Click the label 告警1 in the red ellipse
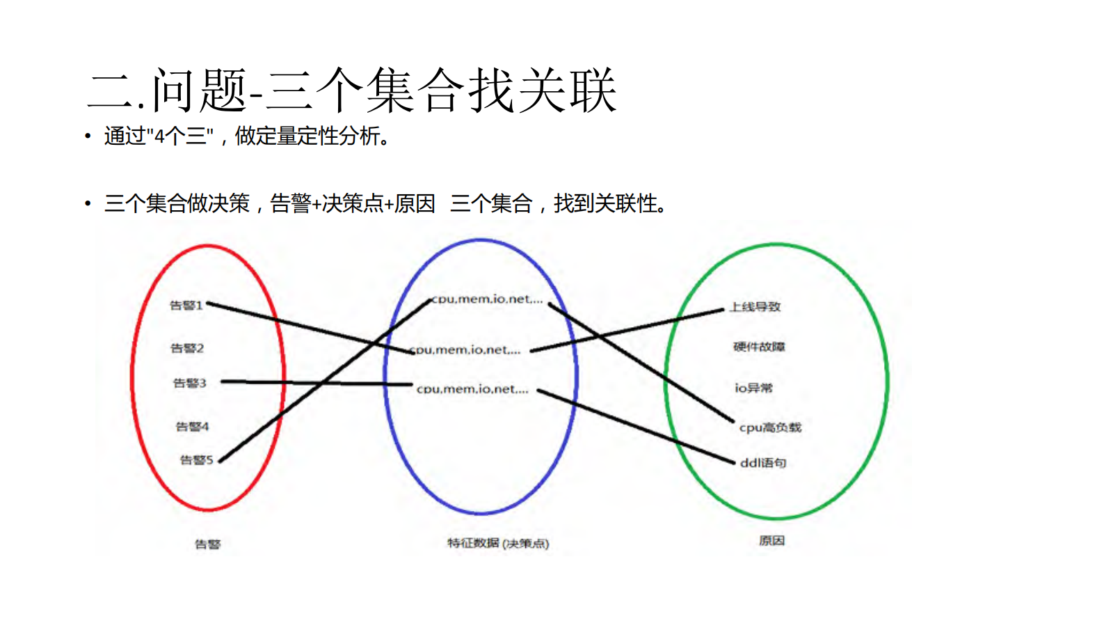186,306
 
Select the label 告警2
187,348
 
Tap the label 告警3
189,383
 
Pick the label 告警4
192,427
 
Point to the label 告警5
196,460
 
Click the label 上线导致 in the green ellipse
755,307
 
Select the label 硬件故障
759,347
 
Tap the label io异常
753,388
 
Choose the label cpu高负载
770,427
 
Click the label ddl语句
762,463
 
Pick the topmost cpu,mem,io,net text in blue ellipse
487,299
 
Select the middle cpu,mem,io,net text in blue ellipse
466,350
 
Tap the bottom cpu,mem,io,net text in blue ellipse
472,389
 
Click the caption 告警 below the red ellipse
207,544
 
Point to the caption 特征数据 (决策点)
498,543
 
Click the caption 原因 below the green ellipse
771,541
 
